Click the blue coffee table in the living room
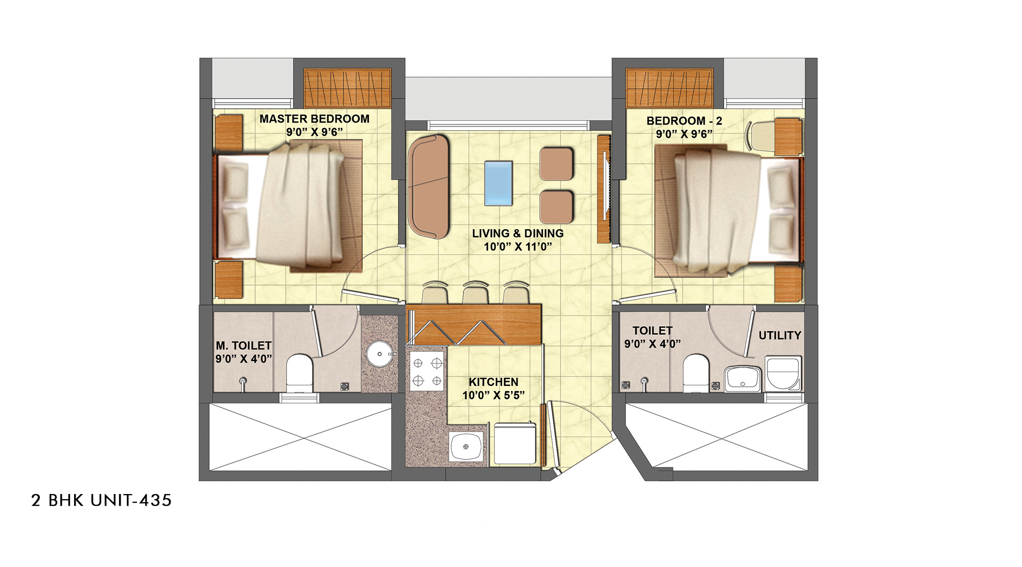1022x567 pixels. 498,183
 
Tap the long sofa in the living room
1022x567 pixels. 429,186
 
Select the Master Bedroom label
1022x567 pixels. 314,119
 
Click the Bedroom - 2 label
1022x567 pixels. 684,121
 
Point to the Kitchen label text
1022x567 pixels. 494,382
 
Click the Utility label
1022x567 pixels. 780,335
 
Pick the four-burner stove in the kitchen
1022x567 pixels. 427,371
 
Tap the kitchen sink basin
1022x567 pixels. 466,447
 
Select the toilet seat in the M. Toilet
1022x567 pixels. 299,373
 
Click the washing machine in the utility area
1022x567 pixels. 783,373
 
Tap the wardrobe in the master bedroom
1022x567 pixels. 347,88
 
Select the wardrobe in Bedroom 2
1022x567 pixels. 669,88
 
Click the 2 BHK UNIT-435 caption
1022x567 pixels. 101,500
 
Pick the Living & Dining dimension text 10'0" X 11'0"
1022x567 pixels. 518,247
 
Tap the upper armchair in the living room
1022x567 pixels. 556,164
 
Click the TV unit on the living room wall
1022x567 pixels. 605,189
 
